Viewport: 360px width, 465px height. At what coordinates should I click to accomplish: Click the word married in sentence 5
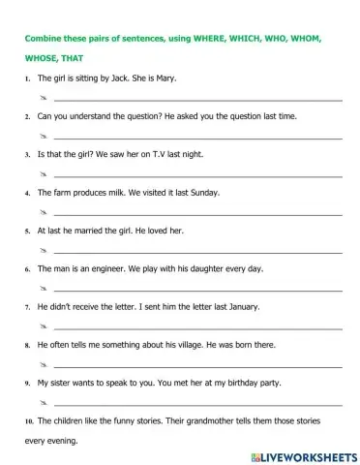[x=100, y=230]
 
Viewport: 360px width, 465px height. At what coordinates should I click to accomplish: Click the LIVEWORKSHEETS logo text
[x=304, y=453]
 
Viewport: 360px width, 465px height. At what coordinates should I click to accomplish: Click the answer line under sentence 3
[x=194, y=175]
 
